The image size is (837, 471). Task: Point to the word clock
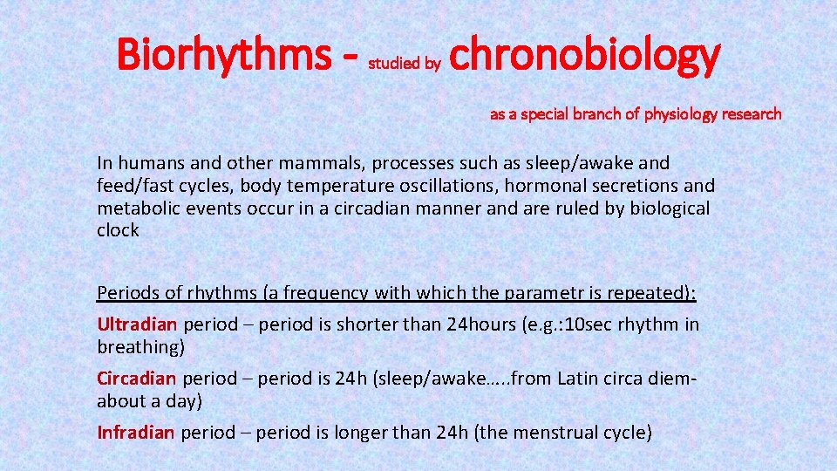point(118,231)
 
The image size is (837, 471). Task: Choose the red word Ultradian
point(137,324)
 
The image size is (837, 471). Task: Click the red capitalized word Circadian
point(137,379)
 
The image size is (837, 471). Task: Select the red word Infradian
point(136,433)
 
